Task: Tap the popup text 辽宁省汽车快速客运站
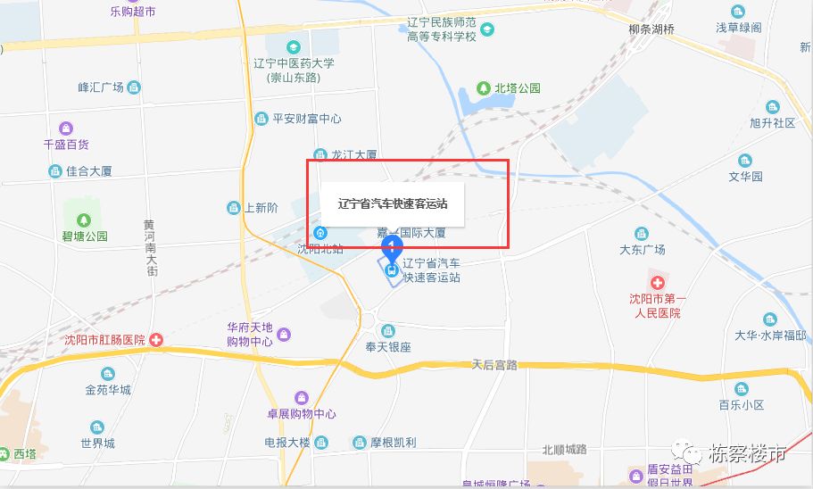pyautogui.click(x=392, y=203)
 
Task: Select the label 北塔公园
pyautogui.click(x=518, y=88)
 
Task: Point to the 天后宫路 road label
pyautogui.click(x=494, y=365)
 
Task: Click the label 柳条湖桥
pyautogui.click(x=651, y=28)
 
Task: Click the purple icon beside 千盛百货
pyautogui.click(x=66, y=128)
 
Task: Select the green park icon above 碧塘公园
pyautogui.click(x=84, y=220)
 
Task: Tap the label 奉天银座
pyautogui.click(x=388, y=346)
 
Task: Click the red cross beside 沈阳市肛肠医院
pyautogui.click(x=156, y=340)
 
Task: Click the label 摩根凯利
pyautogui.click(x=393, y=443)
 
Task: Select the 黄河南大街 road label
pyautogui.click(x=151, y=247)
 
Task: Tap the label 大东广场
pyautogui.click(x=643, y=249)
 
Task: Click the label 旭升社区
pyautogui.click(x=772, y=123)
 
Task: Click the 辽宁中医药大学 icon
pyautogui.click(x=292, y=46)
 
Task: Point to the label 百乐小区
pyautogui.click(x=742, y=404)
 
